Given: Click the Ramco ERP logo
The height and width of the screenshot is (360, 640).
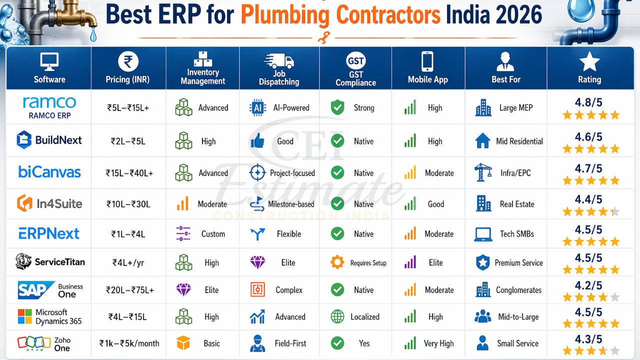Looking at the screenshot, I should point(49,107).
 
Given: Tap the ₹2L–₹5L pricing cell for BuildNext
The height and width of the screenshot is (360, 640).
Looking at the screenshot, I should point(128,141).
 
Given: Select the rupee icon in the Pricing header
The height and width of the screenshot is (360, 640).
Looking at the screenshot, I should point(128,62).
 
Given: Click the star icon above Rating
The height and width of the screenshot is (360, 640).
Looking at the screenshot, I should point(589,61).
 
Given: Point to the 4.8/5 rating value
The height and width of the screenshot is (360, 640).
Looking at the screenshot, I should point(588,103).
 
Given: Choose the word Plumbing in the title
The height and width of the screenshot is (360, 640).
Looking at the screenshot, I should point(284,15).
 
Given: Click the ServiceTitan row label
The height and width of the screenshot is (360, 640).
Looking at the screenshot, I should point(49,261).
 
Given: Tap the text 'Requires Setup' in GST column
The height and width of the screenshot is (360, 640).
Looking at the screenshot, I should point(368,263).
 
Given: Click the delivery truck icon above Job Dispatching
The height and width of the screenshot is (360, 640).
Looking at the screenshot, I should point(279,60).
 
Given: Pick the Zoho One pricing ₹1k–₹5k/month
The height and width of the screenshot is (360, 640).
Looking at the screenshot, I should point(128,343).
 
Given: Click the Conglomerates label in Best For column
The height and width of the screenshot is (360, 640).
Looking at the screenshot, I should point(518,290).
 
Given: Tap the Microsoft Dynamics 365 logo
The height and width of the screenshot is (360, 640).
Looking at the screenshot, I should point(49,316).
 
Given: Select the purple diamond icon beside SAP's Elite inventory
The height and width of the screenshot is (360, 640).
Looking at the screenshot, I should point(183,289).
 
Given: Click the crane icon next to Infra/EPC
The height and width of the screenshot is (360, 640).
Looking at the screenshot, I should point(483,172).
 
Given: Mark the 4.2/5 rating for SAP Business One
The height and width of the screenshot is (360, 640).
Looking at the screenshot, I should point(588,286).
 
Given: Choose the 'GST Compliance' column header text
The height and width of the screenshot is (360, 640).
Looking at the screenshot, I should point(355,78).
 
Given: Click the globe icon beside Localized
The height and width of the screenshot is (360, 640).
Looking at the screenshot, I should point(337,316).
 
